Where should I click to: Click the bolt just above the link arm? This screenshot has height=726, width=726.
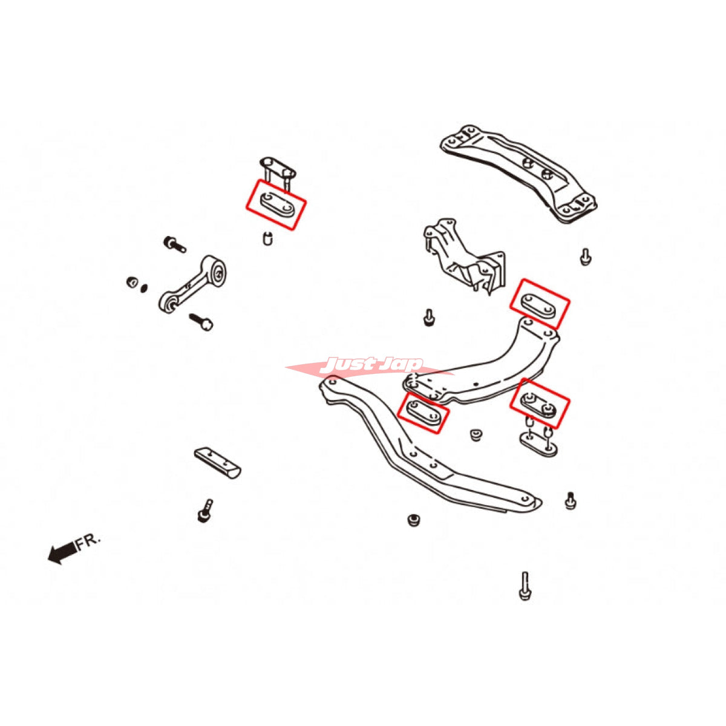[x=174, y=244]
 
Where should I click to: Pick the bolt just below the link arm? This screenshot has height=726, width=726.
[x=201, y=320]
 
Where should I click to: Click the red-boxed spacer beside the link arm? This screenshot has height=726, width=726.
[x=276, y=204]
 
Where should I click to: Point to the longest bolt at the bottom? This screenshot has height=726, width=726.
[x=525, y=585]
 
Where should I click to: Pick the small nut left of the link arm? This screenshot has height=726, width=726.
[x=132, y=282]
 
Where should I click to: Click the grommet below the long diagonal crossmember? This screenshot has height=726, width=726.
[x=413, y=520]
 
